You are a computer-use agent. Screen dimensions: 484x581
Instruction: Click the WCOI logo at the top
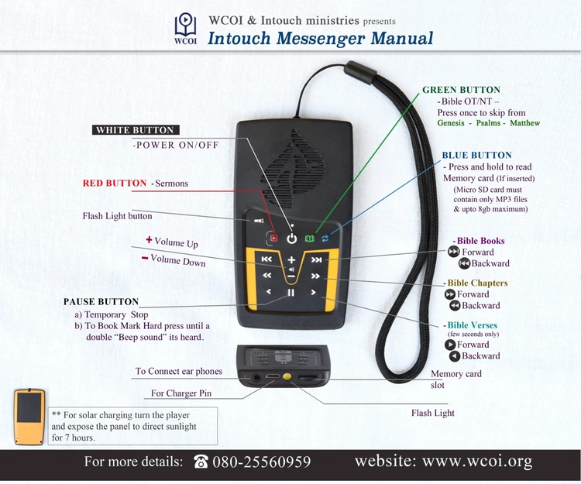pos(185,29)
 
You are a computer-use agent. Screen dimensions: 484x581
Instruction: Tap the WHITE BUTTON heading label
pos(135,130)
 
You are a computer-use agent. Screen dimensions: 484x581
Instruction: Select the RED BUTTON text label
pos(115,184)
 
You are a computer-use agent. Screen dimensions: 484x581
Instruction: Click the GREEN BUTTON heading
pos(461,91)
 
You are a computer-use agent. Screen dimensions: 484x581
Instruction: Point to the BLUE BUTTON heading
pos(476,156)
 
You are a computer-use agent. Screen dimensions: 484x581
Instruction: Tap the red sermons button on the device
pos(273,239)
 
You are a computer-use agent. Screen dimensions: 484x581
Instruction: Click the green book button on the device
pos(310,239)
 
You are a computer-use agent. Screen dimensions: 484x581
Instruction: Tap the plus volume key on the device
pos(291,259)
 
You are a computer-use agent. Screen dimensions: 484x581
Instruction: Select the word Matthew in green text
pos(525,123)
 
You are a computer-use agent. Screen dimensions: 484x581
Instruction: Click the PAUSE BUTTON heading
pos(101,302)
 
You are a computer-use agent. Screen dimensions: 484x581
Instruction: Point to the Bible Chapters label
pos(477,283)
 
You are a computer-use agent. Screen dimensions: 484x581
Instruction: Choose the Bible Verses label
pos(473,325)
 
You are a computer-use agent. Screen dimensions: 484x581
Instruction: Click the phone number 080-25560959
pos(261,462)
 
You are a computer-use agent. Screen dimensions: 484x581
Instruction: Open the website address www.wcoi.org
pos(443,462)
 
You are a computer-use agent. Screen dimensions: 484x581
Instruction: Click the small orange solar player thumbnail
pos(29,417)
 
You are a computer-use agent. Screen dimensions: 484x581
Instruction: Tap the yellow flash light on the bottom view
pos(289,377)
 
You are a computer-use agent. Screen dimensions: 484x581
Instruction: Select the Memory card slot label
pos(456,379)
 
